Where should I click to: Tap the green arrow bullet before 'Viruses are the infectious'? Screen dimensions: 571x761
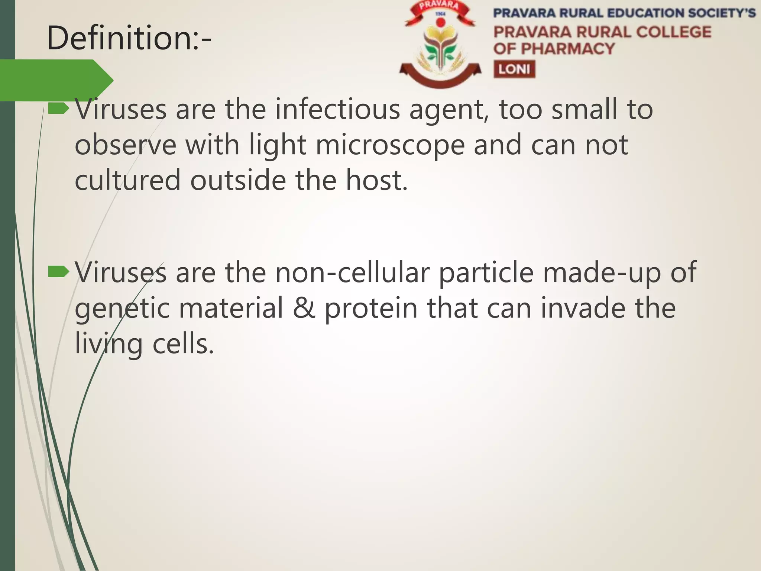[59, 109]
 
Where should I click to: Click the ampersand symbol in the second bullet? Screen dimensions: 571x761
[304, 309]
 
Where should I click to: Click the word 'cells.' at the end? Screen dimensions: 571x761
[184, 344]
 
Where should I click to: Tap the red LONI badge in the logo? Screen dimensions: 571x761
[514, 69]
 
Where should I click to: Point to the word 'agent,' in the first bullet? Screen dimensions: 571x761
[449, 110]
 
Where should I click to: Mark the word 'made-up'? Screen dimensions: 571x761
[602, 272]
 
